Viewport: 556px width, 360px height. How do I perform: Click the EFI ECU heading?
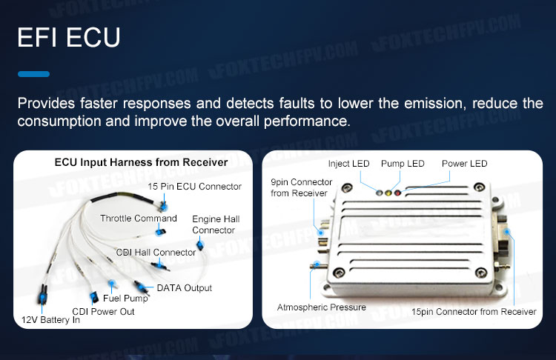pyautogui.click(x=69, y=37)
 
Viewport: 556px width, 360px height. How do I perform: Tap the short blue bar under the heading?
pyautogui.click(x=33, y=74)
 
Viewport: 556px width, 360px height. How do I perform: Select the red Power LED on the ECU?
pyautogui.click(x=397, y=193)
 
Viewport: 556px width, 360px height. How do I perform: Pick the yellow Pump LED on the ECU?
pyautogui.click(x=388, y=193)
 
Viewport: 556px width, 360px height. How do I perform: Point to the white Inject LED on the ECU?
pyautogui.click(x=380, y=193)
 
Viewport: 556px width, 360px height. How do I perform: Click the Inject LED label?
pyautogui.click(x=348, y=164)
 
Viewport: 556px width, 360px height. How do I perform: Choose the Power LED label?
pyautogui.click(x=465, y=164)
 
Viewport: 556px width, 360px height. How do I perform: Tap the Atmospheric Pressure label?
pyautogui.click(x=321, y=307)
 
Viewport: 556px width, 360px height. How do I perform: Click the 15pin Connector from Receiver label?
pyautogui.click(x=474, y=311)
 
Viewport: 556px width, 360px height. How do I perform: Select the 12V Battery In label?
pyautogui.click(x=50, y=319)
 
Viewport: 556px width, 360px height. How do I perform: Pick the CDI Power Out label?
pyautogui.click(x=103, y=311)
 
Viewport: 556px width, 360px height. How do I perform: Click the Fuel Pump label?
pyautogui.click(x=125, y=299)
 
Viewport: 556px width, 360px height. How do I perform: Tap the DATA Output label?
pyautogui.click(x=185, y=287)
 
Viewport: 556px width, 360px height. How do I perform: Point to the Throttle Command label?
pyautogui.click(x=139, y=219)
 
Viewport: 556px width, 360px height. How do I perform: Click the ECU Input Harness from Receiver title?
pyautogui.click(x=141, y=162)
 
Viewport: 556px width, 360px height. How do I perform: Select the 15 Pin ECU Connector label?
pyautogui.click(x=195, y=187)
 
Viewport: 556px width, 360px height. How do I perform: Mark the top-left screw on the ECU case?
pyautogui.click(x=347, y=188)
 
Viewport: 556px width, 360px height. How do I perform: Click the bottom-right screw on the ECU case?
pyautogui.click(x=481, y=273)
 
